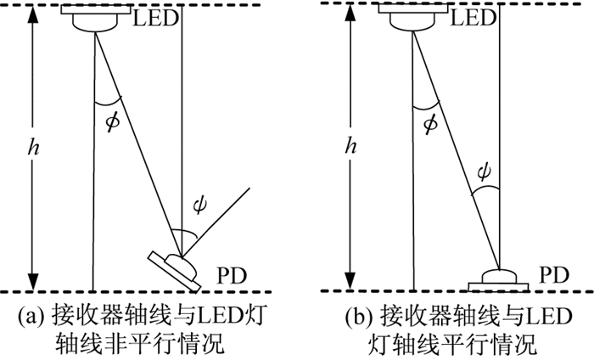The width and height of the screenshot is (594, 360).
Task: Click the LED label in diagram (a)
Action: point(155,18)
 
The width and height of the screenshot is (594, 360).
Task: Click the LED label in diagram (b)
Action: point(474,18)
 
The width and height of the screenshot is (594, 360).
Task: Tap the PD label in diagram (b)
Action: point(554,275)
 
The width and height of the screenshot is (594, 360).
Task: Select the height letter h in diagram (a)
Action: point(33,146)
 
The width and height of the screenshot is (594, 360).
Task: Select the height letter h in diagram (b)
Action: point(350,145)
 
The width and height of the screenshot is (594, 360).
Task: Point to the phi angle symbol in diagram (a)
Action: point(113,121)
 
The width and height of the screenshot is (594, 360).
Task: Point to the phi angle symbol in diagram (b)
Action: point(431,124)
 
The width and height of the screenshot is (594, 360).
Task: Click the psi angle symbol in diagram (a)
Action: point(199,205)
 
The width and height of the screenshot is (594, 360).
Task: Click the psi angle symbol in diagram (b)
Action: point(484,172)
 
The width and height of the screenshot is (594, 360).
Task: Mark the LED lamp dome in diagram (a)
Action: point(95,23)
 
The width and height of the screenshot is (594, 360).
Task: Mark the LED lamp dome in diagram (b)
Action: point(413,23)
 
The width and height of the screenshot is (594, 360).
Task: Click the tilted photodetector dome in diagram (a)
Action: point(182,266)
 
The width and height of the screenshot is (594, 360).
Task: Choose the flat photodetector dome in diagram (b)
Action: point(499,276)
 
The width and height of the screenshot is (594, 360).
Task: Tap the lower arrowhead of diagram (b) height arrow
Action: point(350,281)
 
